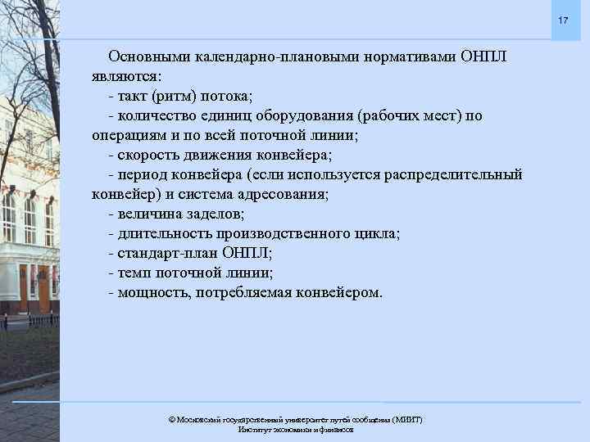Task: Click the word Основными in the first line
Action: [147, 57]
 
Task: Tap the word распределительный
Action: [452, 175]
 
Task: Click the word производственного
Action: [280, 234]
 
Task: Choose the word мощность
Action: [154, 293]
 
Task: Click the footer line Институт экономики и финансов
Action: [295, 430]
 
